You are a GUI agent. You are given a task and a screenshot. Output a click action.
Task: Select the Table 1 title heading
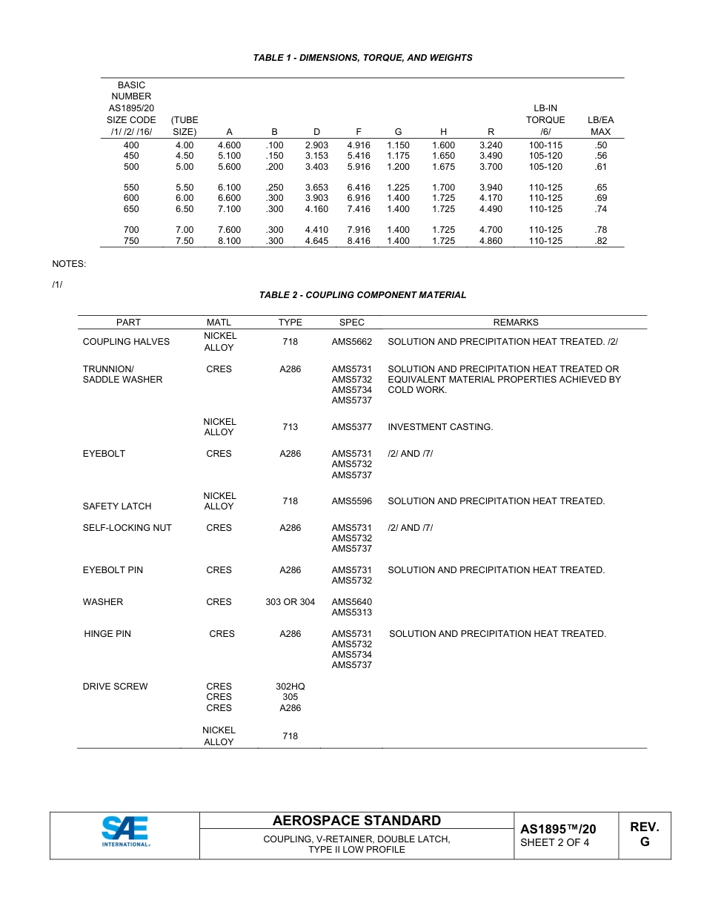click(x=362, y=58)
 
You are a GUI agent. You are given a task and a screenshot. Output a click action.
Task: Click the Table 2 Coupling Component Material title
click(x=362, y=295)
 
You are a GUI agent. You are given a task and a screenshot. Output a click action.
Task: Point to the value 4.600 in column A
click(x=229, y=145)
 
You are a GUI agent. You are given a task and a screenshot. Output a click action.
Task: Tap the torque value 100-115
click(x=545, y=145)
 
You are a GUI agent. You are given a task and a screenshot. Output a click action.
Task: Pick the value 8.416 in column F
click(x=359, y=241)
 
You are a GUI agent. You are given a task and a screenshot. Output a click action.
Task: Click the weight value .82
click(x=600, y=241)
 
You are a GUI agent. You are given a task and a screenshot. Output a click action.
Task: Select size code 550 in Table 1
click(x=131, y=188)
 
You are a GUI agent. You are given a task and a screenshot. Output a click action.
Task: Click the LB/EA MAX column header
click(x=600, y=125)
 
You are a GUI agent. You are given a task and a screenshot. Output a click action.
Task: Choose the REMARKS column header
click(x=516, y=323)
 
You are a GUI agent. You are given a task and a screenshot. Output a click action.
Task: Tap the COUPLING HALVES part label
click(x=126, y=342)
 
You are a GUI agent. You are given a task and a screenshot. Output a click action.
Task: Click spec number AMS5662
click(x=351, y=342)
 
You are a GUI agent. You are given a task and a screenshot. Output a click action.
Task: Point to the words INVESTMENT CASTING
click(x=440, y=427)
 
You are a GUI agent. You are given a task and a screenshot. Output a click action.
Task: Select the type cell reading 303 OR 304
click(x=290, y=602)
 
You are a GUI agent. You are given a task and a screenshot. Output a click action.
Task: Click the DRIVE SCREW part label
click(x=115, y=687)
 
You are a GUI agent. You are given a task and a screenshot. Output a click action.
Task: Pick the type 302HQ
click(x=290, y=687)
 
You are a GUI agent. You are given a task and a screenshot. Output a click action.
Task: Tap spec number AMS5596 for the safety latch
click(x=351, y=501)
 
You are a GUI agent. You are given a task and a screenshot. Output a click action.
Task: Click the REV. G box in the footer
click(x=644, y=835)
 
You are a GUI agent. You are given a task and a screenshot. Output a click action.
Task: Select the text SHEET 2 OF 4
click(x=555, y=842)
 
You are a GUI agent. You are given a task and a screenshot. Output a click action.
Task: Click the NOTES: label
click(x=69, y=264)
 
